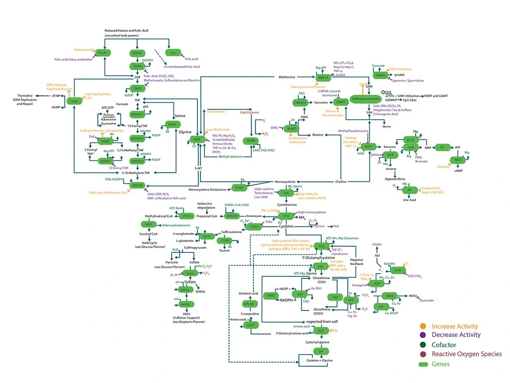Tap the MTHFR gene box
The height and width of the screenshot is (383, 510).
137,186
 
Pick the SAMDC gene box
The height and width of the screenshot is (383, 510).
380,75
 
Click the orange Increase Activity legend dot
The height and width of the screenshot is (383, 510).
424,326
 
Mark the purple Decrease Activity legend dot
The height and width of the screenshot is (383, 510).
424,335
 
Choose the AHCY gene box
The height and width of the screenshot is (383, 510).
370,146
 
